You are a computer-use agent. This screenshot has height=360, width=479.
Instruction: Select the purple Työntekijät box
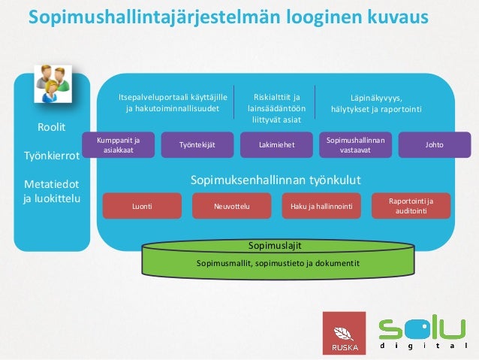pyautogui.click(x=193, y=144)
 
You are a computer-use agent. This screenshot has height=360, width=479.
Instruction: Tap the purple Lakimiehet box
pyautogui.click(x=276, y=144)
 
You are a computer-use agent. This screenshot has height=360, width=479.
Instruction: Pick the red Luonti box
pyautogui.click(x=142, y=204)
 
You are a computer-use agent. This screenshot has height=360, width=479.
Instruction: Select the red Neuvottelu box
pyautogui.click(x=231, y=204)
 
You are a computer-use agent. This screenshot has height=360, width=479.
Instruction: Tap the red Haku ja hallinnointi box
pyautogui.click(x=321, y=204)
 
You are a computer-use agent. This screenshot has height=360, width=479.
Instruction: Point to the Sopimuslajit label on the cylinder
pyautogui.click(x=276, y=245)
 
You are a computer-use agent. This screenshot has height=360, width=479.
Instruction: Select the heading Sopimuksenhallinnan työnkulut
pyautogui.click(x=276, y=180)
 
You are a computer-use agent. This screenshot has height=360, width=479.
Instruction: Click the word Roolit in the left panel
pyautogui.click(x=52, y=126)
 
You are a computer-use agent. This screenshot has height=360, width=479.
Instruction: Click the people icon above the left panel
pyautogui.click(x=50, y=84)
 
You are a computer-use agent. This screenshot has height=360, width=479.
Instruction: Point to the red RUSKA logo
pyautogui.click(x=344, y=333)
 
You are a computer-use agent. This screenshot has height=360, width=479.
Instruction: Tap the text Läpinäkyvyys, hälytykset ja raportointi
pyautogui.click(x=376, y=104)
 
